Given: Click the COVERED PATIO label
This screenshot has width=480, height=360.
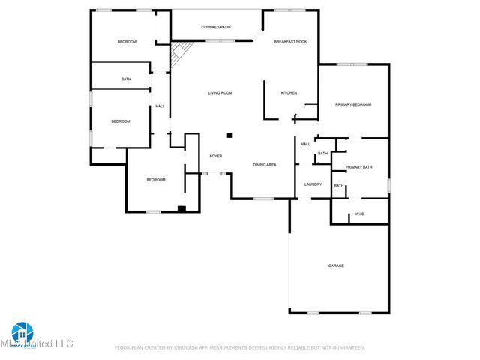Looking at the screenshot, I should click(x=215, y=27).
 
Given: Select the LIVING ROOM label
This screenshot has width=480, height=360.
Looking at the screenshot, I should click(x=220, y=92).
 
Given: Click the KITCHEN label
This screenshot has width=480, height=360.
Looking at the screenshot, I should click(x=289, y=92).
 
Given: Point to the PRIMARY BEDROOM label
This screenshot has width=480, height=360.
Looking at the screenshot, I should click(x=352, y=104).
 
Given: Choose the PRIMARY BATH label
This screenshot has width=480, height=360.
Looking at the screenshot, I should click(x=358, y=167).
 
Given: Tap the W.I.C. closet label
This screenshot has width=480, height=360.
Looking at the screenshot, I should click(x=359, y=214).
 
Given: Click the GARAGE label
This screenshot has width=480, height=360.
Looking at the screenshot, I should click(x=336, y=265).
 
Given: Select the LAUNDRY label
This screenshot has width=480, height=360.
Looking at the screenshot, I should click(x=313, y=184).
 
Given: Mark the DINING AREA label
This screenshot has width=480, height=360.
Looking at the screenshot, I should click(x=265, y=164).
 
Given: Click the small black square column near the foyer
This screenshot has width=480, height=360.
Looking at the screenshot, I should click(x=230, y=136).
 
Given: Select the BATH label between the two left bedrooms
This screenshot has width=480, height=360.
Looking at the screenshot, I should click(x=126, y=79).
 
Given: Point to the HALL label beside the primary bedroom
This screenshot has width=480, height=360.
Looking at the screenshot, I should click(x=305, y=144).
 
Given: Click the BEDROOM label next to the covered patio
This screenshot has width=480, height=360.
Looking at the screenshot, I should click(x=127, y=42).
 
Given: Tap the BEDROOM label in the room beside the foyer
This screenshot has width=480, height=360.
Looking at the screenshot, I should click(x=155, y=180).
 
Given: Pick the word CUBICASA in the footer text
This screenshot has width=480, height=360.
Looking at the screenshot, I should click(x=190, y=347).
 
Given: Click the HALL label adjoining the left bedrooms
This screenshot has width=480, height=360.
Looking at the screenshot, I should click(x=160, y=106).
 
